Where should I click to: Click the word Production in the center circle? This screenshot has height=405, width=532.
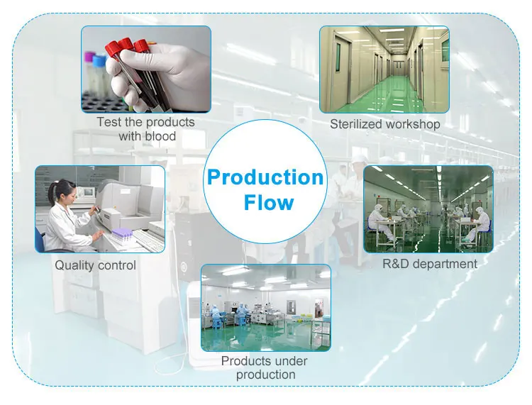pyautogui.click(x=265, y=177)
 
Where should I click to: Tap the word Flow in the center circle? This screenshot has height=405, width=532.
pyautogui.click(x=268, y=202)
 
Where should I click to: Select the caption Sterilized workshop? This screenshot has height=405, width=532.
pyautogui.click(x=384, y=124)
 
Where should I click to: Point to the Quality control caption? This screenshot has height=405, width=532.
pyautogui.click(x=96, y=265)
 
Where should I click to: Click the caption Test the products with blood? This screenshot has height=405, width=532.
pyautogui.click(x=146, y=128)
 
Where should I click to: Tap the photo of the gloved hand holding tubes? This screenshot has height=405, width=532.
pyautogui.click(x=146, y=69)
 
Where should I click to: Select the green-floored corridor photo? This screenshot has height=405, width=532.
pyautogui.click(x=384, y=70)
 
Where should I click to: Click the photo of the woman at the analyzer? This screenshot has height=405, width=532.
pyautogui.click(x=100, y=209)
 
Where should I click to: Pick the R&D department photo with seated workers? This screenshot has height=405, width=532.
pyautogui.click(x=428, y=209)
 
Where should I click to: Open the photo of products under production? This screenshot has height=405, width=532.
pyautogui.click(x=266, y=308)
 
